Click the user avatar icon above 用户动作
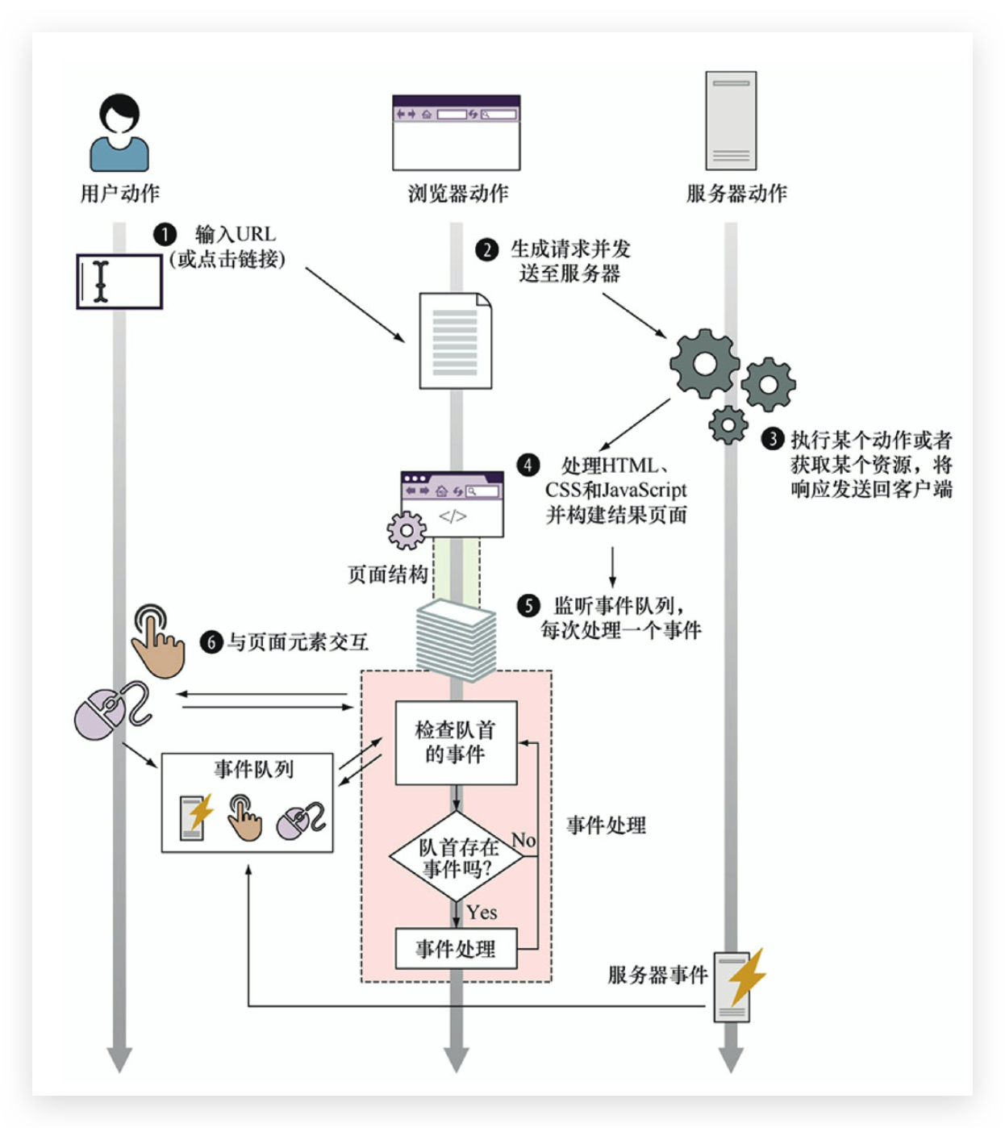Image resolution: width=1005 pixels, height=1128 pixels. click(x=119, y=132)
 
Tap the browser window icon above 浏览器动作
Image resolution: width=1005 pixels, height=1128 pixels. click(x=456, y=132)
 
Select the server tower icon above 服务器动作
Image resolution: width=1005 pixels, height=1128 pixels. click(x=731, y=120)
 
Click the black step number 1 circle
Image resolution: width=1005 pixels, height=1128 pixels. click(x=165, y=235)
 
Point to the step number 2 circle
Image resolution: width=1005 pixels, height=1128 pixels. click(x=486, y=249)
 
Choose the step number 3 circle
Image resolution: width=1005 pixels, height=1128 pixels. click(x=773, y=439)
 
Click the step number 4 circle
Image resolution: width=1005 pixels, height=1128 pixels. click(x=528, y=465)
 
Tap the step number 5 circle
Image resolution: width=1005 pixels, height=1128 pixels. click(x=528, y=606)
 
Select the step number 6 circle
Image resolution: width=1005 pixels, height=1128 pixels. click(x=211, y=642)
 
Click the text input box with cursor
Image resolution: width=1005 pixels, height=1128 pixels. click(x=119, y=282)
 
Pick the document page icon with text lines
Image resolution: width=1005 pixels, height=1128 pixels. click(x=455, y=340)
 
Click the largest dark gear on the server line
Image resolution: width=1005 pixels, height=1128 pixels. click(x=704, y=363)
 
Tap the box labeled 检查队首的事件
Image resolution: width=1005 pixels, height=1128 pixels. click(x=456, y=742)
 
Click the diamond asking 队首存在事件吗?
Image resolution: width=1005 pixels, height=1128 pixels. click(x=457, y=858)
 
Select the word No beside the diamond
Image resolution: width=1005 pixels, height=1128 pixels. click(x=523, y=840)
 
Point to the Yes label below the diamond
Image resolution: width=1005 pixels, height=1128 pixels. click(x=482, y=913)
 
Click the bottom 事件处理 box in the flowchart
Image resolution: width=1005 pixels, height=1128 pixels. click(x=456, y=949)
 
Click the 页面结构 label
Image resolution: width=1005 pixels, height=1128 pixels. click(x=387, y=574)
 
